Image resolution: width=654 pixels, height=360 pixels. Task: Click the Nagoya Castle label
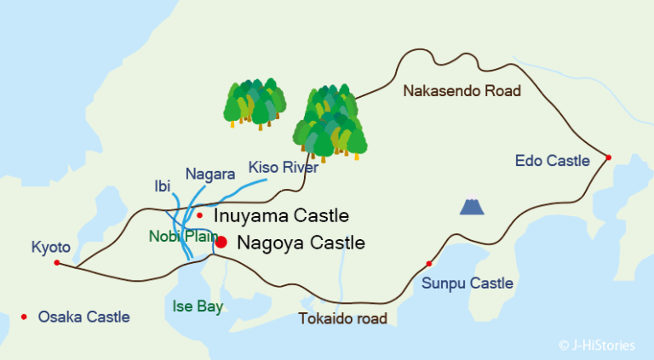[x=301, y=243]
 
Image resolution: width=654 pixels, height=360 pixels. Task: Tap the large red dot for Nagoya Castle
[x=221, y=243]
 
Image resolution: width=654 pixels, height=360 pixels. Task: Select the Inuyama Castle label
[x=282, y=215]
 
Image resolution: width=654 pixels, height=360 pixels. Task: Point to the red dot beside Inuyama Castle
[x=199, y=215]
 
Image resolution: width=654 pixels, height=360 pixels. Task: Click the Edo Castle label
[x=553, y=161]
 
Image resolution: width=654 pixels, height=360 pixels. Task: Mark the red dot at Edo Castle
[x=608, y=157]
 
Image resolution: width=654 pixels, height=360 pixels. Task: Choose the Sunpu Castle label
[x=468, y=283]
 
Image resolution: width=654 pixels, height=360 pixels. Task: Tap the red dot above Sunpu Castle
[x=429, y=263]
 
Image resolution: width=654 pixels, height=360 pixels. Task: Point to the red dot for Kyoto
[x=57, y=262]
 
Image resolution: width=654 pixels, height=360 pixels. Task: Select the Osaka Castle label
[x=83, y=317]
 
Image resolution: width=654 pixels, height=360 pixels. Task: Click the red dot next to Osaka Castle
[x=24, y=317]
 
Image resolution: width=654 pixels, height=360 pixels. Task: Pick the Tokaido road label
[x=343, y=319]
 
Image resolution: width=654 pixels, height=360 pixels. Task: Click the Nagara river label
[x=209, y=174]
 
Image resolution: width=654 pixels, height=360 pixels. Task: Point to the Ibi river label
[x=162, y=186]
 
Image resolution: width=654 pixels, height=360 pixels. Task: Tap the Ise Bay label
[x=197, y=306]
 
